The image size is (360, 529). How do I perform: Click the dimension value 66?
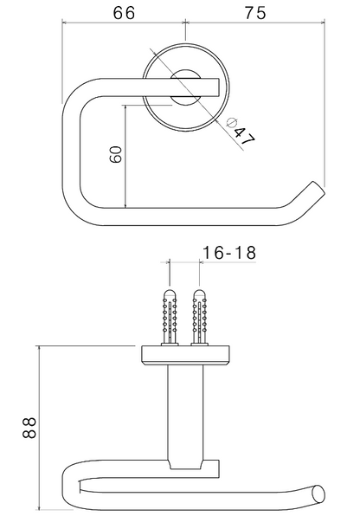124,13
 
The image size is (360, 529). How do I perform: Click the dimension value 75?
255,13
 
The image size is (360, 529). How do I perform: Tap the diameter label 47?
245,136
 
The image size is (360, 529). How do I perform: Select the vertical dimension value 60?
116,154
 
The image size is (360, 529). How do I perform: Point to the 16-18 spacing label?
229,252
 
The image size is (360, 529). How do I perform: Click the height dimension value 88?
29,428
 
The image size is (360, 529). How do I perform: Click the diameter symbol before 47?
231,122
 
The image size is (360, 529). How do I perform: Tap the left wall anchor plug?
170,317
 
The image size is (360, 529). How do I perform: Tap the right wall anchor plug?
200,317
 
